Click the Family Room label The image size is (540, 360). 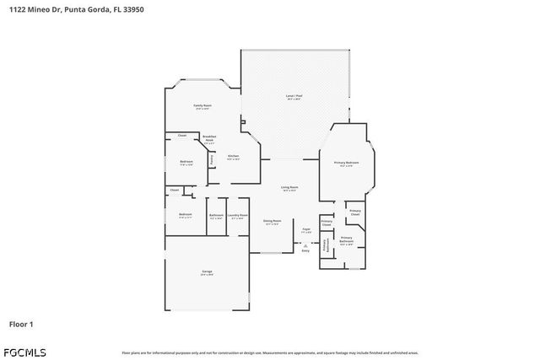click(x=203, y=106)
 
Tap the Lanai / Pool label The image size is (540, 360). click(x=294, y=97)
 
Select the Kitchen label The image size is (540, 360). click(x=234, y=157)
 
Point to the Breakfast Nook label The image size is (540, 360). click(x=209, y=139)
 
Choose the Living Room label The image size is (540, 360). click(x=289, y=188)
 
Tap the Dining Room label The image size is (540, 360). click(x=272, y=222)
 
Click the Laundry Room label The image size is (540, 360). click(x=238, y=216)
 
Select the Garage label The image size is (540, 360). click(x=207, y=272)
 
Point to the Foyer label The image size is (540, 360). click(x=306, y=230)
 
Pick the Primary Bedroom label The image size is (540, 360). click(x=346, y=164)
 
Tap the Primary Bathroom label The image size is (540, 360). click(x=346, y=239)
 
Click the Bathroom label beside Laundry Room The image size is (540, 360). click(x=216, y=216)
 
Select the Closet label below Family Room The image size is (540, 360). click(x=181, y=136)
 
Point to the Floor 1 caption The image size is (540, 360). click(x=21, y=324)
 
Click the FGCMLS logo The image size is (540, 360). click(x=25, y=352)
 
